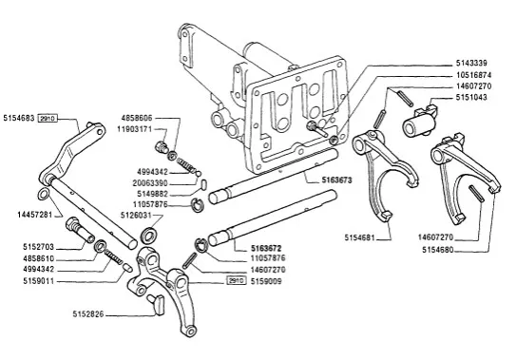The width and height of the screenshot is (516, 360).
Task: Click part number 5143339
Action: [471, 63]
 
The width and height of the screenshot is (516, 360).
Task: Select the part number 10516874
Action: [473, 75]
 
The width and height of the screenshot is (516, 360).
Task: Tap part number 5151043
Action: [471, 98]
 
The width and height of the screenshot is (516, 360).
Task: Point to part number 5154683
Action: [19, 118]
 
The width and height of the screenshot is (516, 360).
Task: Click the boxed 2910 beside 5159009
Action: [237, 281]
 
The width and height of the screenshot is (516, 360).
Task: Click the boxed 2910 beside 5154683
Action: [48, 118]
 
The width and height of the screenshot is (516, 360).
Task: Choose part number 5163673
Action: [336, 180]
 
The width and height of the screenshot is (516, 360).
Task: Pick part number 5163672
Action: [266, 248]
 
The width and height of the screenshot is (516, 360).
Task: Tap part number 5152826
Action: [88, 314]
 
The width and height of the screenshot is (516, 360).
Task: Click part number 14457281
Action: [35, 215]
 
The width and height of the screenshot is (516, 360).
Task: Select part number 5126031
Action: [136, 216]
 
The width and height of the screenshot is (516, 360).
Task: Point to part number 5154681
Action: [360, 237]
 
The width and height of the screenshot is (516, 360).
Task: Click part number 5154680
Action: [438, 250]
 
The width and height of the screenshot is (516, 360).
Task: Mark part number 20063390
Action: [150, 183]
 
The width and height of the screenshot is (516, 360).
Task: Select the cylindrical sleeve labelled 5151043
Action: [420, 121]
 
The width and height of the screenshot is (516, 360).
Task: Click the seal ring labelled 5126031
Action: [149, 235]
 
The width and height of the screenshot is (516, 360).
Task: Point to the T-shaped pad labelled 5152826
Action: [157, 304]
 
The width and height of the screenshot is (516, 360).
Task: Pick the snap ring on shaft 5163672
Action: [201, 245]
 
